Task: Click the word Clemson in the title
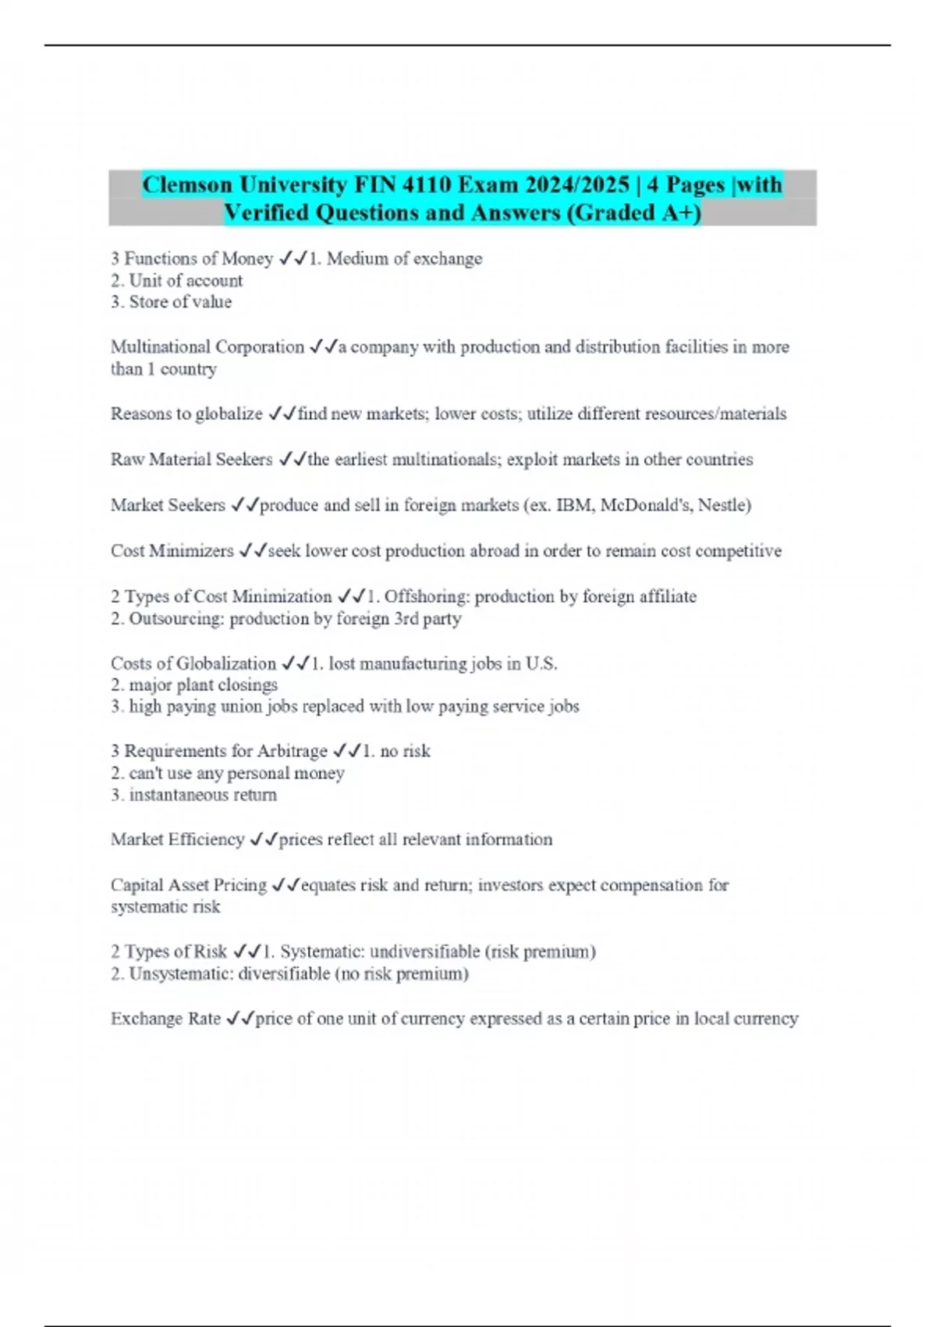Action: (187, 185)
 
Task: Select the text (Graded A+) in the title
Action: (633, 212)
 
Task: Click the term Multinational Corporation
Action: (207, 347)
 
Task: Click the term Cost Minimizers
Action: (172, 551)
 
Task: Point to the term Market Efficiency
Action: (178, 839)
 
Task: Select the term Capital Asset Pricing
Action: (189, 885)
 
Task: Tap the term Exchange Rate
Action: (165, 1019)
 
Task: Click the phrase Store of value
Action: (180, 302)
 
